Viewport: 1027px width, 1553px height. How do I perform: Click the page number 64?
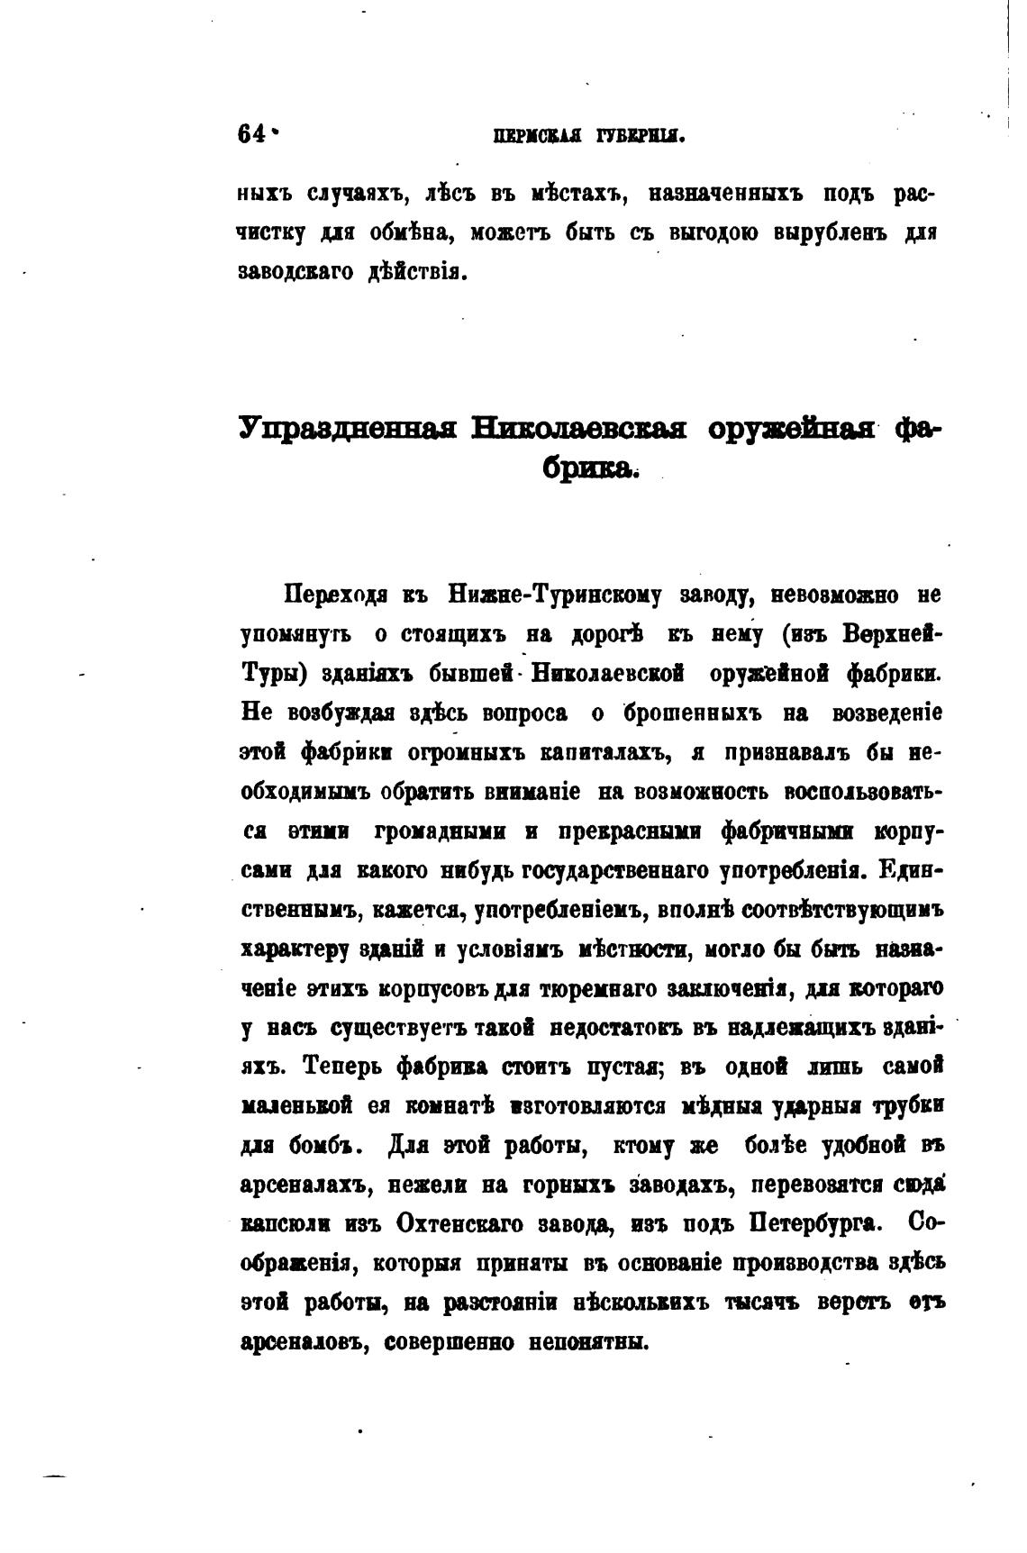pos(251,133)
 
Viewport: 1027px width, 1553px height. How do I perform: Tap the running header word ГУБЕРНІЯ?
pos(641,137)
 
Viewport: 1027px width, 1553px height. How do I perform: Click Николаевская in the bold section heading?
pos(581,430)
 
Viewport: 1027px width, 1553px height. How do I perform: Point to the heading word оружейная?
pos(793,430)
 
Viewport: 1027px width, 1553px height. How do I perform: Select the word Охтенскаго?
pos(465,1224)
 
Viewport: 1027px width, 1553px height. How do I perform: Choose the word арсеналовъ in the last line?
pos(302,1342)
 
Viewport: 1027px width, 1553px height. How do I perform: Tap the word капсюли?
pos(286,1224)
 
